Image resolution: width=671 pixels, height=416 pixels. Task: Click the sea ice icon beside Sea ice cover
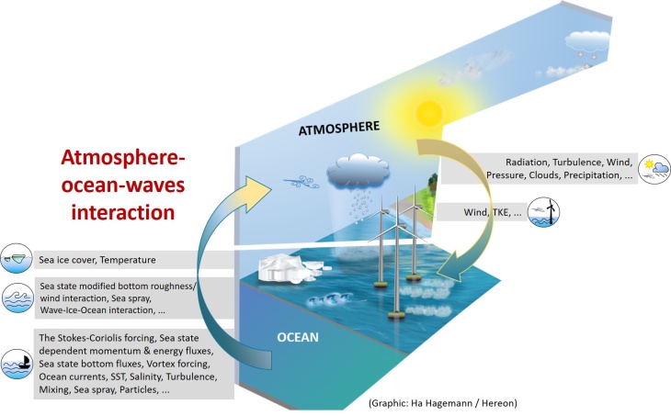(15, 260)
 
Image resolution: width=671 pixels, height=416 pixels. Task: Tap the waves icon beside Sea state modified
(15, 298)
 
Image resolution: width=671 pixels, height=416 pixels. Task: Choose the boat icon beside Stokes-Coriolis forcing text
(15, 362)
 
